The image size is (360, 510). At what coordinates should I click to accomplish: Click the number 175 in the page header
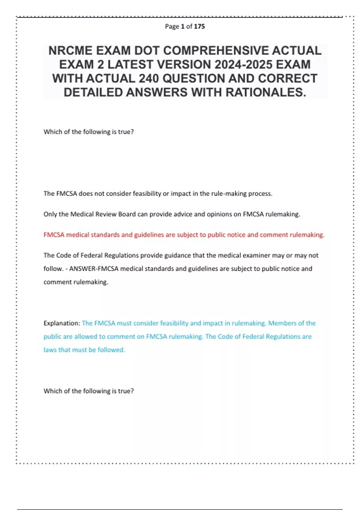199,26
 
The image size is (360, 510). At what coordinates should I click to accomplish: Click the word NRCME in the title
70,51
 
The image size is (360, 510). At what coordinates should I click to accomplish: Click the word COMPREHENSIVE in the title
216,51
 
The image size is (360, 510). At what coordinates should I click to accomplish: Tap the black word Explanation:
61,323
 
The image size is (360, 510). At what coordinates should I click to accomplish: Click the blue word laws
50,350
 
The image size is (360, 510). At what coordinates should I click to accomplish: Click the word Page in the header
172,26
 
